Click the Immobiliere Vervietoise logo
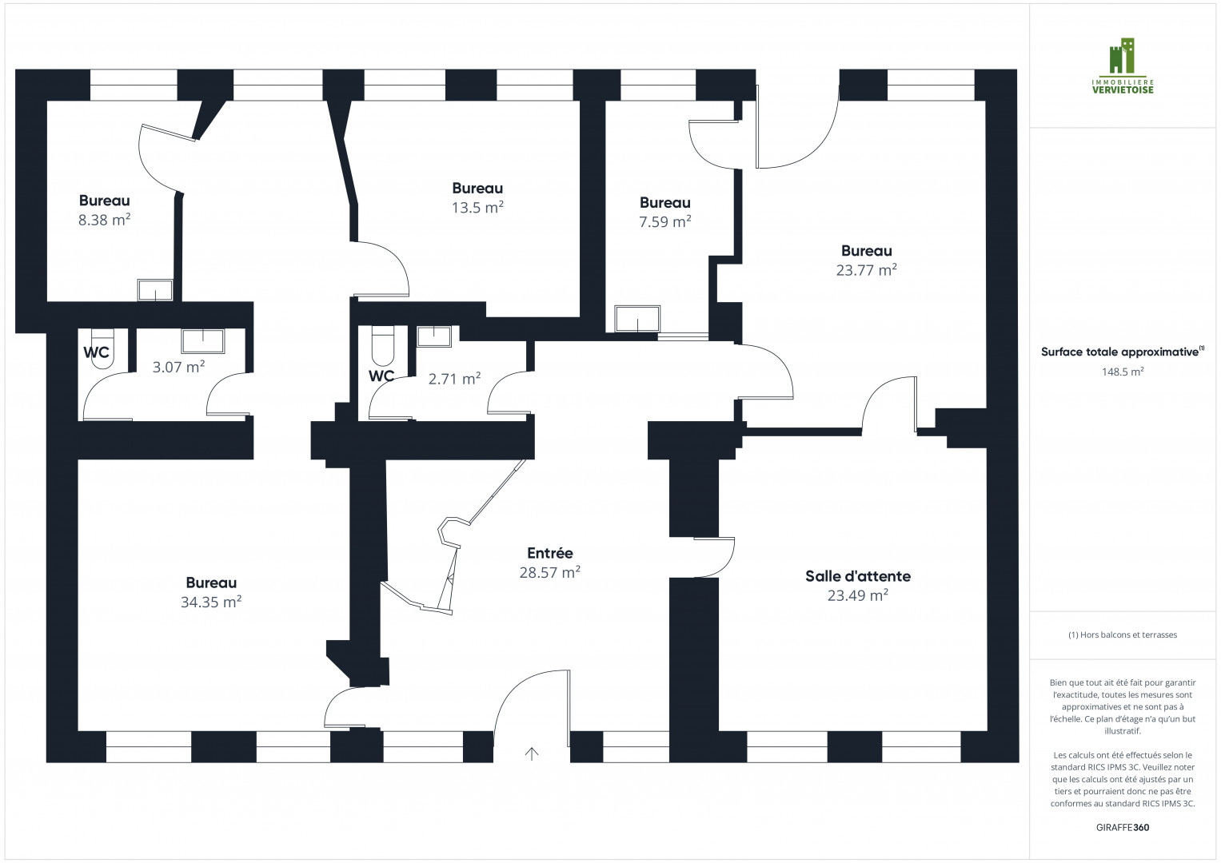(x=1123, y=66)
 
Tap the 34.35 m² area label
(x=211, y=602)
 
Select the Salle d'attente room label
(x=858, y=576)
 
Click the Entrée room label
(x=550, y=552)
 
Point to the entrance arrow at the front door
(x=532, y=754)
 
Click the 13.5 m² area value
(x=477, y=208)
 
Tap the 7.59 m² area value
(x=665, y=222)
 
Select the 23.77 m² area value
(x=867, y=270)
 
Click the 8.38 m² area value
(x=104, y=220)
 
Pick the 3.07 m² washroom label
(x=178, y=367)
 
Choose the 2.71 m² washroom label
(x=454, y=379)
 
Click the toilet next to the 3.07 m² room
(x=102, y=348)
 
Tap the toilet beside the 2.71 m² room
(x=383, y=346)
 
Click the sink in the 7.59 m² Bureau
(x=637, y=319)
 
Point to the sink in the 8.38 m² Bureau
(x=155, y=290)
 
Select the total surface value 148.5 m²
(x=1123, y=372)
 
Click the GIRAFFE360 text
(x=1123, y=827)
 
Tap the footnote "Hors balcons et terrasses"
(x=1123, y=634)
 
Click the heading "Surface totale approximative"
(x=1119, y=352)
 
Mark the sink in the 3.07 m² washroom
(x=203, y=341)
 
